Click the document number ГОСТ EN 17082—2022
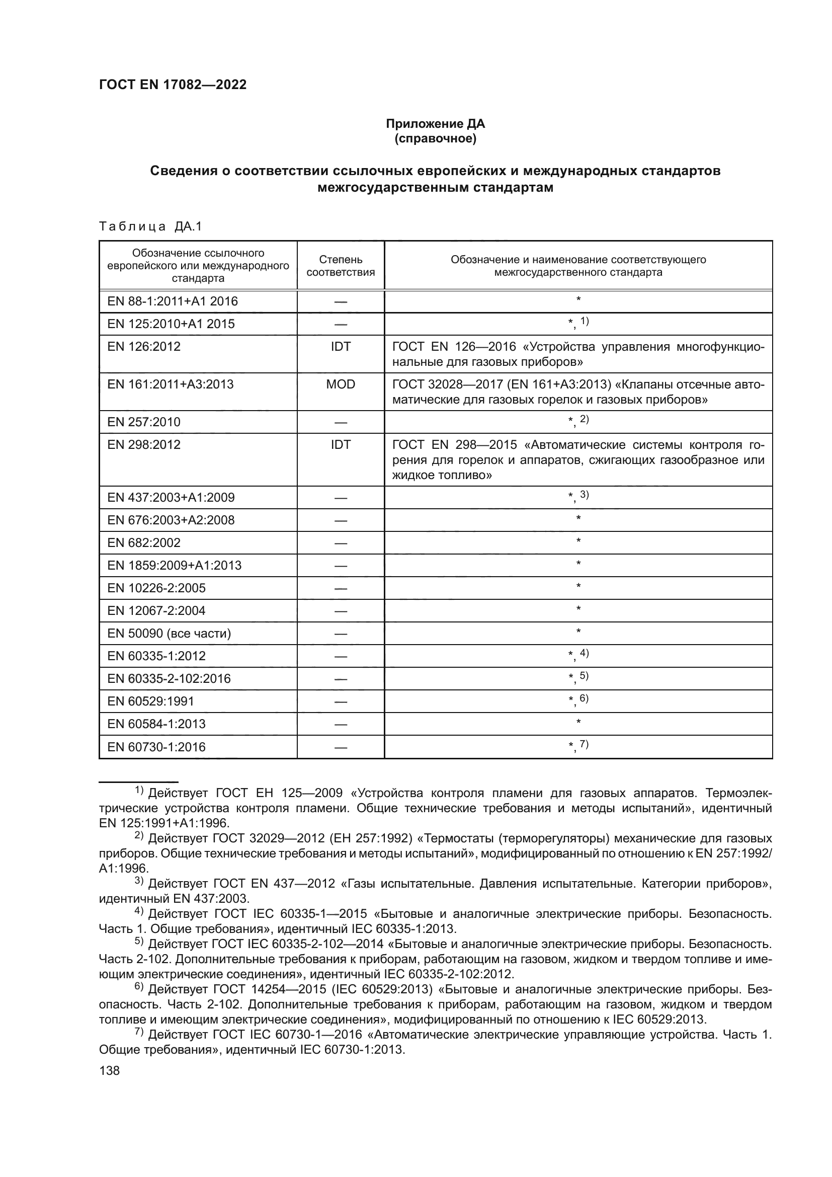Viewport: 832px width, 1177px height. coord(173,85)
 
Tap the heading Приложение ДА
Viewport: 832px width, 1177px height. coord(435,124)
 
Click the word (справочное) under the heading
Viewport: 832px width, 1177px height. coord(435,139)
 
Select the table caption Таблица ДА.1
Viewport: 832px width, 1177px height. coord(150,226)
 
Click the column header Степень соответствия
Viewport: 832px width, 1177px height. coord(341,266)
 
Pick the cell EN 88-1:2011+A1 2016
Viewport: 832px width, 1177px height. coord(173,301)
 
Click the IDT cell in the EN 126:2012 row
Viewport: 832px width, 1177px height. coord(341,347)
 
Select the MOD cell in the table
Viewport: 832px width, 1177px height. coord(341,384)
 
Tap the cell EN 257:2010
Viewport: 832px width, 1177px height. coord(144,422)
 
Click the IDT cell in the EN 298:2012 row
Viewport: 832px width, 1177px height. coord(341,445)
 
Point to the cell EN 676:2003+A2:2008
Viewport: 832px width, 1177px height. coord(171,520)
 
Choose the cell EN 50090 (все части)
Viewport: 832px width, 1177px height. coord(169,634)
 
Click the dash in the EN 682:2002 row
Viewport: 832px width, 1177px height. coord(341,543)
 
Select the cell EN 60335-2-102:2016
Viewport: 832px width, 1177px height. coord(169,679)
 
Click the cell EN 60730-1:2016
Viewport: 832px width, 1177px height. coord(156,747)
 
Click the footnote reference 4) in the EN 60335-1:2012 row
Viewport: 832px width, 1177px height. coord(584,653)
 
